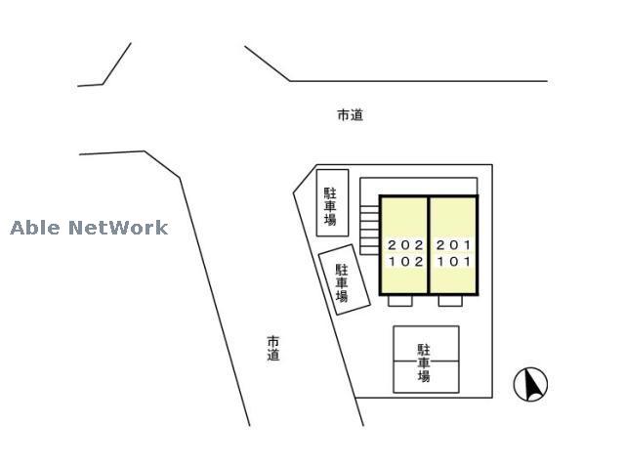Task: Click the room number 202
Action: coord(405,245)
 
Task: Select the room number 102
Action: coord(406,262)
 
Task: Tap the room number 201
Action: coord(453,245)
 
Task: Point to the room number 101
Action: coord(454,262)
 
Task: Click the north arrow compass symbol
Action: coord(530,384)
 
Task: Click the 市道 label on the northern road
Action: coord(351,115)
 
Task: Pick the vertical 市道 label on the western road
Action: coord(273,348)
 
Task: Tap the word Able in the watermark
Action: coord(35,228)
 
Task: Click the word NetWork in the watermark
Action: coord(118,228)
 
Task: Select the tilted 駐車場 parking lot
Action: coord(345,279)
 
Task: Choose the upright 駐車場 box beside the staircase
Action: coord(332,203)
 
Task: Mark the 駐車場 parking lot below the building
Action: coord(426,360)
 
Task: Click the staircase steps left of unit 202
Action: coord(369,231)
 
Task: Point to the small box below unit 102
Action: coord(400,301)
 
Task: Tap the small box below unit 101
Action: coord(450,301)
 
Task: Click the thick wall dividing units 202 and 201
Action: coord(429,245)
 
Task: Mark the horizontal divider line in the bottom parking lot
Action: coord(426,362)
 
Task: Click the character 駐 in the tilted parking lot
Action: coord(341,270)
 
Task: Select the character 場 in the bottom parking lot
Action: coord(424,376)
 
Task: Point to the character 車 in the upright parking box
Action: coord(330,206)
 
